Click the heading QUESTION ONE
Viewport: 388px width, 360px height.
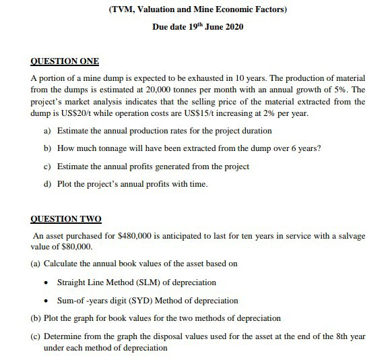pos(65,61)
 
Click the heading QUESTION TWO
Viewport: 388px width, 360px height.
pos(65,219)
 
